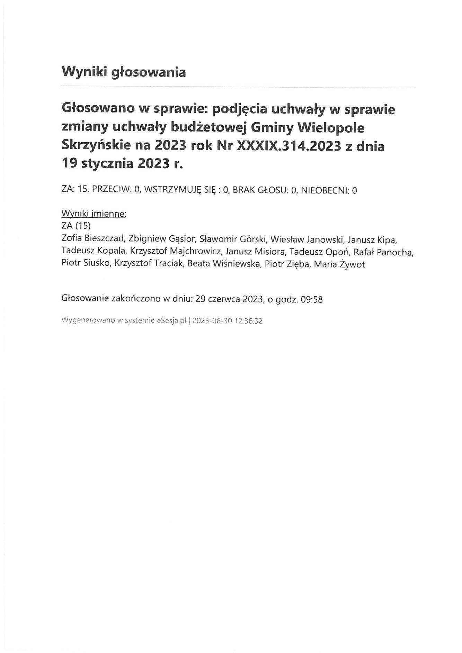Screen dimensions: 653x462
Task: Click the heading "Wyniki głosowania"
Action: [124, 72]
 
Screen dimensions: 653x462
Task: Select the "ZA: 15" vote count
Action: [74, 190]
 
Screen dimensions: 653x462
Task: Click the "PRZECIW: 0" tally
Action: [117, 190]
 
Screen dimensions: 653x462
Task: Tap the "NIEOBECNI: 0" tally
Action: [329, 190]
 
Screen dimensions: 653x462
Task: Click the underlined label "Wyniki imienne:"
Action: [94, 214]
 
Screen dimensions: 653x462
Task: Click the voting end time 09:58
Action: [312, 300]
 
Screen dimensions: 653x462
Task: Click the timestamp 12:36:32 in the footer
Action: [248, 321]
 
